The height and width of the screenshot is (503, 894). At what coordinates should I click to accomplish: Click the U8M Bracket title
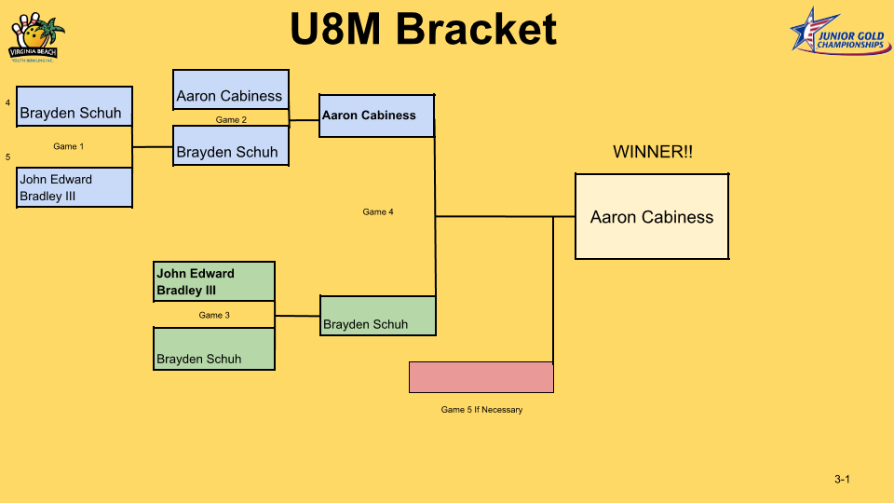point(423,30)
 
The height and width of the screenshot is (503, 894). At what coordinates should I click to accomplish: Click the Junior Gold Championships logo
point(838,31)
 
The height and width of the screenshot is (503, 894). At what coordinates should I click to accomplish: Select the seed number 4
point(8,102)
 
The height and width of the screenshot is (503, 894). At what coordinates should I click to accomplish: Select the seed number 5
point(8,157)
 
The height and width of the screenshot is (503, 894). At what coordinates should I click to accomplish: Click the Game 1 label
point(68,146)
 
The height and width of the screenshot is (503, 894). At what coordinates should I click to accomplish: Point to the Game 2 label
point(231,119)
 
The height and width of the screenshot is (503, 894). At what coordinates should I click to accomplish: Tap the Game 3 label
point(214,315)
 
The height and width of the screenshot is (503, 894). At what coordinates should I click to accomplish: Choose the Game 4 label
point(378,212)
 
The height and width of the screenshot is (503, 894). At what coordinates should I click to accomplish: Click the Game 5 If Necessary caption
point(481,410)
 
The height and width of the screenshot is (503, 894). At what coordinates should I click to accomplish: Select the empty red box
point(481,377)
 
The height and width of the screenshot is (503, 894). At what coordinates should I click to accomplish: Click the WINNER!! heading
point(652,152)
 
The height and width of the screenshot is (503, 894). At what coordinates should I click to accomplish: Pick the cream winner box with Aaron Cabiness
point(652,216)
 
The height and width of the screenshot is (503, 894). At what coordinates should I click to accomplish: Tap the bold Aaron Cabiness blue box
point(376,116)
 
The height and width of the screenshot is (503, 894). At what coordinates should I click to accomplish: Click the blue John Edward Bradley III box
point(74,187)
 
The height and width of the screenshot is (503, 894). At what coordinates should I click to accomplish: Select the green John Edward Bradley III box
point(214,281)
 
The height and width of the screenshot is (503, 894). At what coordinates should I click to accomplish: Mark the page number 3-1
point(843,480)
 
